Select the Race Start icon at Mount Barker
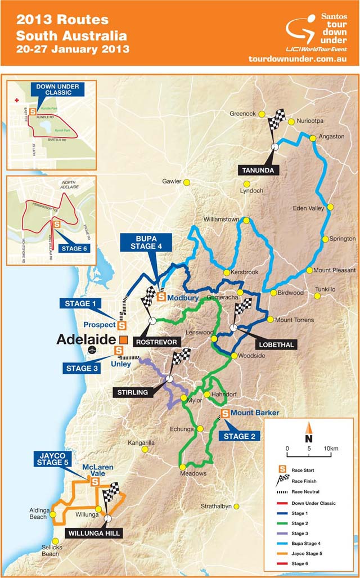tap(225, 414)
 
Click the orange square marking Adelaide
tap(123, 339)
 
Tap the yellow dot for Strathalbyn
tap(237, 507)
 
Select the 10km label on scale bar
tap(331, 448)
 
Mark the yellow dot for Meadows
tap(182, 467)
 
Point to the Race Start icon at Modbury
tap(161, 297)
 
